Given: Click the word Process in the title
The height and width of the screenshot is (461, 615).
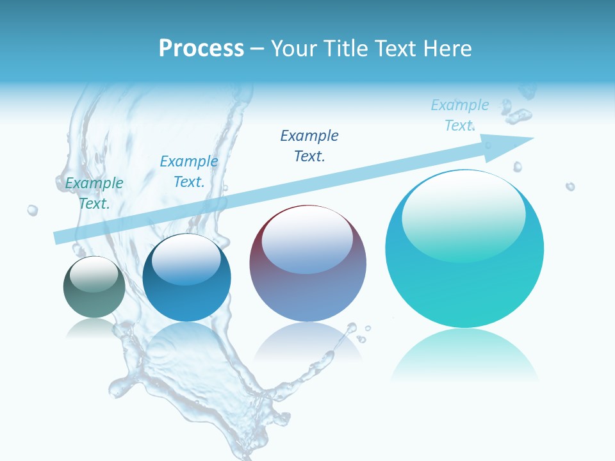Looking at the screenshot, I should [201, 49].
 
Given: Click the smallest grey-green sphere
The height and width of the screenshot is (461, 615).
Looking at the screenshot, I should [94, 287].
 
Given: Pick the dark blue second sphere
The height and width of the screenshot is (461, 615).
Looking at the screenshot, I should [186, 278].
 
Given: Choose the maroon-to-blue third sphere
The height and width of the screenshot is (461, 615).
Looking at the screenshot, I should [307, 264].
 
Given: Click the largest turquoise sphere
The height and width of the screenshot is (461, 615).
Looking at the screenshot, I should [464, 249].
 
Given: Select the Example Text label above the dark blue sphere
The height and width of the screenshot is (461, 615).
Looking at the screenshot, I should [188, 172].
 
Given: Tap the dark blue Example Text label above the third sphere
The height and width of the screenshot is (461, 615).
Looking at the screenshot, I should [309, 146].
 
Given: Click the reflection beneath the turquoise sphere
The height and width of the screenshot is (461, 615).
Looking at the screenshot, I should [464, 355].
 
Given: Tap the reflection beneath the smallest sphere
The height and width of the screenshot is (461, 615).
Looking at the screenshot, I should [94, 328].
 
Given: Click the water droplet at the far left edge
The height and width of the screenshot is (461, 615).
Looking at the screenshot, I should [32, 210].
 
